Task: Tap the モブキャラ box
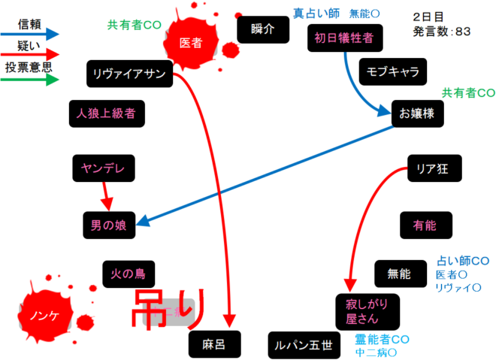click(x=393, y=72)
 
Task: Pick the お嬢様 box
click(x=418, y=114)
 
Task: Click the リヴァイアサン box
click(x=130, y=74)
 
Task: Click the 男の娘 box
click(x=108, y=224)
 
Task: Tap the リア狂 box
click(x=433, y=168)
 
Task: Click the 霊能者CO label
click(x=382, y=339)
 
